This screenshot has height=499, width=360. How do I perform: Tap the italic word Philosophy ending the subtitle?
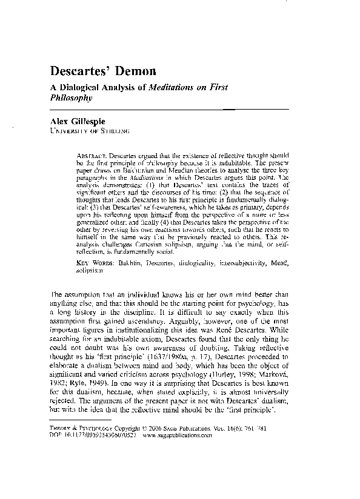70,97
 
